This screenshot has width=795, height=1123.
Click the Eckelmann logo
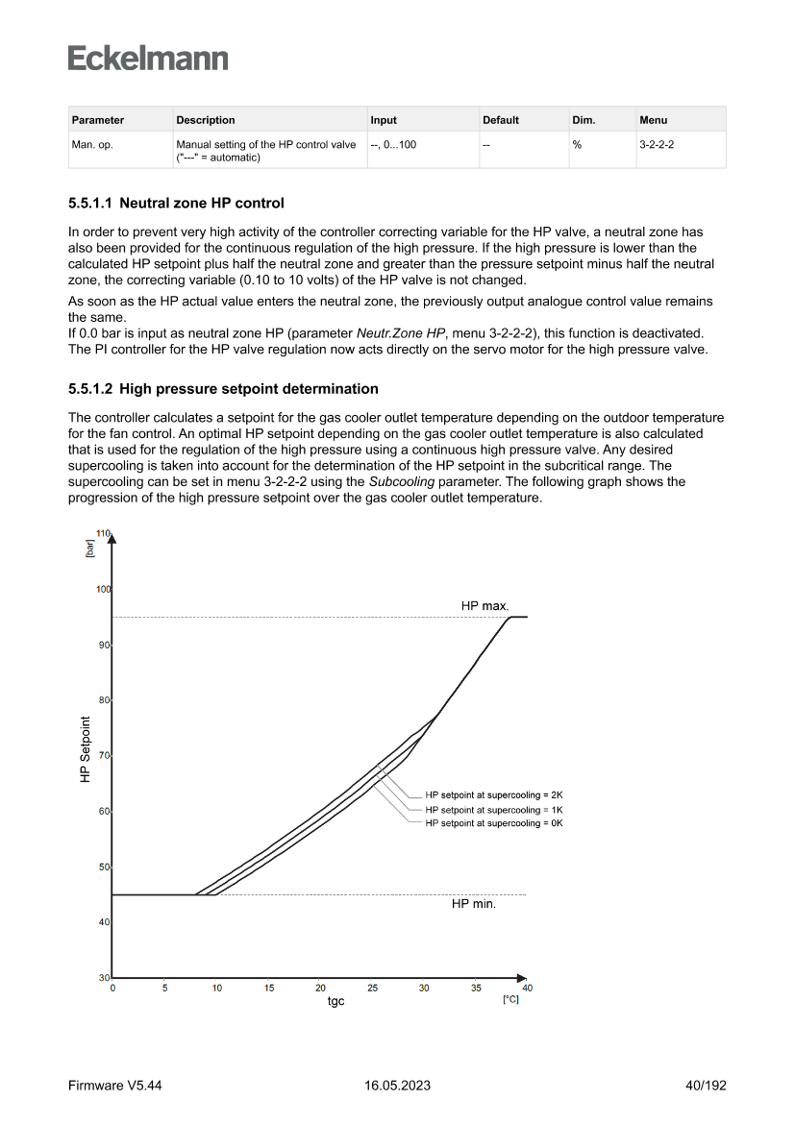148,58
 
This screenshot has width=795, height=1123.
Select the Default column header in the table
501,120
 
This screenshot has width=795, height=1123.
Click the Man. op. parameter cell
93,144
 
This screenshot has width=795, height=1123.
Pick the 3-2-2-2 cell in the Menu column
656,144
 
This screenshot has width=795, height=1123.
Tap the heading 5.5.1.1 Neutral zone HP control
177,204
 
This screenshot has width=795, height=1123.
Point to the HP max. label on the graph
485,605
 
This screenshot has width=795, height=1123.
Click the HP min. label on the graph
474,904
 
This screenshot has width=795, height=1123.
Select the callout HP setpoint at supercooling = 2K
493,795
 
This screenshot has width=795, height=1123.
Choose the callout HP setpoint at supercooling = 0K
493,824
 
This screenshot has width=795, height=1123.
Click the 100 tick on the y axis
102,589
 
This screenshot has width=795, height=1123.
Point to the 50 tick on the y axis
104,867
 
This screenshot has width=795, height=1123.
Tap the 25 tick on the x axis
372,988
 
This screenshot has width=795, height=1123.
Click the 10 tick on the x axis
216,988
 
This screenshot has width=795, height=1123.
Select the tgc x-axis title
335,1001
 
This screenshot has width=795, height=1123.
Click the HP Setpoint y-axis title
86,749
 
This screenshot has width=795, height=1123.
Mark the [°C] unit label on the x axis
510,1000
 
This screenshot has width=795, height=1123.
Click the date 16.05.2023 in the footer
398,1086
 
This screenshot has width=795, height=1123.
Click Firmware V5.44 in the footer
109,1086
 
